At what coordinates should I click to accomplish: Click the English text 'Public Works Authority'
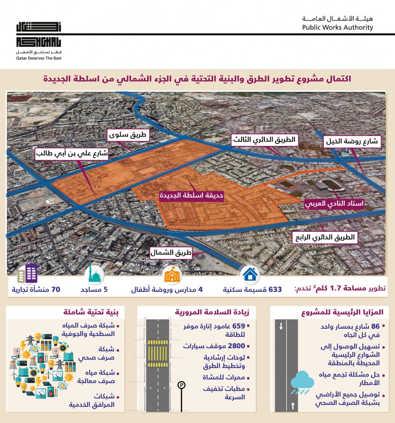click(x=338, y=27)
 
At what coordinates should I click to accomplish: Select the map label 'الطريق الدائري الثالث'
click(x=265, y=140)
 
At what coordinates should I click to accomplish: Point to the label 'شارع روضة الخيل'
click(x=353, y=142)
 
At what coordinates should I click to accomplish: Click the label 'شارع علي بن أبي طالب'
click(x=72, y=154)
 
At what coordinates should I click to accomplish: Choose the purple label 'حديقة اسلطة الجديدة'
click(x=191, y=196)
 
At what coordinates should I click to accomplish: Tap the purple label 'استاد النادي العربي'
click(x=334, y=203)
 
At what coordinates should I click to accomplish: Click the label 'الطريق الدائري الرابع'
click(x=324, y=237)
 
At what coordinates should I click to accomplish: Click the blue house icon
click(x=250, y=274)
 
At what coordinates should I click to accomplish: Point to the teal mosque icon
click(x=95, y=275)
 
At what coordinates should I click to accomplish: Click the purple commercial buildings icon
click(x=27, y=274)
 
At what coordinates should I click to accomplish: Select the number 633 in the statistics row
click(x=274, y=290)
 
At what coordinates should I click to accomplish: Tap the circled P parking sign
click(x=182, y=385)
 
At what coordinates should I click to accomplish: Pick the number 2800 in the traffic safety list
click(x=237, y=346)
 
